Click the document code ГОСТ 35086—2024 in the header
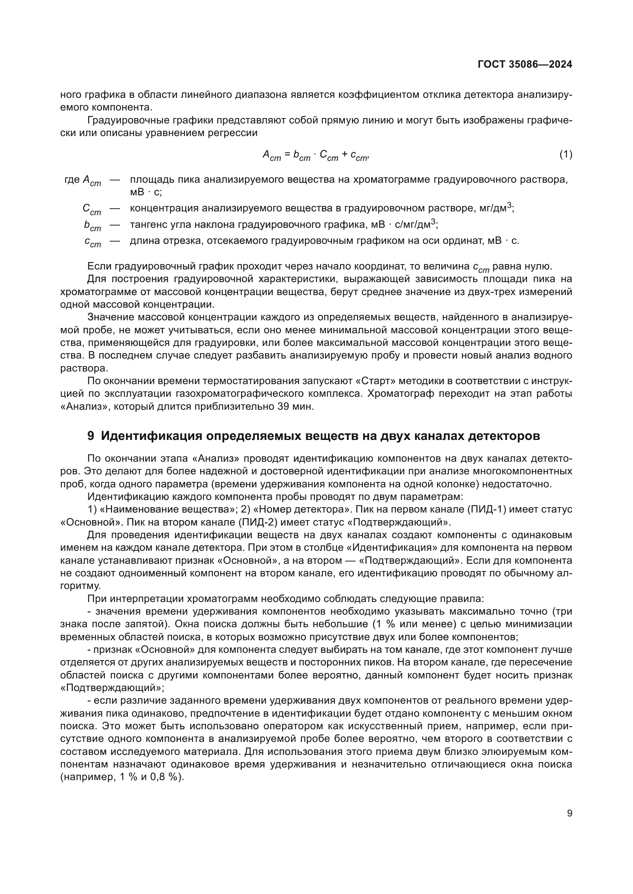[x=525, y=65]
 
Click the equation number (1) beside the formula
[x=566, y=154]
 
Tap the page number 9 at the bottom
[x=569, y=813]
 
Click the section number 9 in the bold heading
[x=90, y=436]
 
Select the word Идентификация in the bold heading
[x=151, y=436]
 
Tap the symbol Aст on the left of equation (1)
[x=272, y=155]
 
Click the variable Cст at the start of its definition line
[x=91, y=209]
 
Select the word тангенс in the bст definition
[x=147, y=225]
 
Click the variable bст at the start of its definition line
[x=92, y=226]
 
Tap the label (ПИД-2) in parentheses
[x=260, y=522]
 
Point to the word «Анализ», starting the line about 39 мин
[x=84, y=407]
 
